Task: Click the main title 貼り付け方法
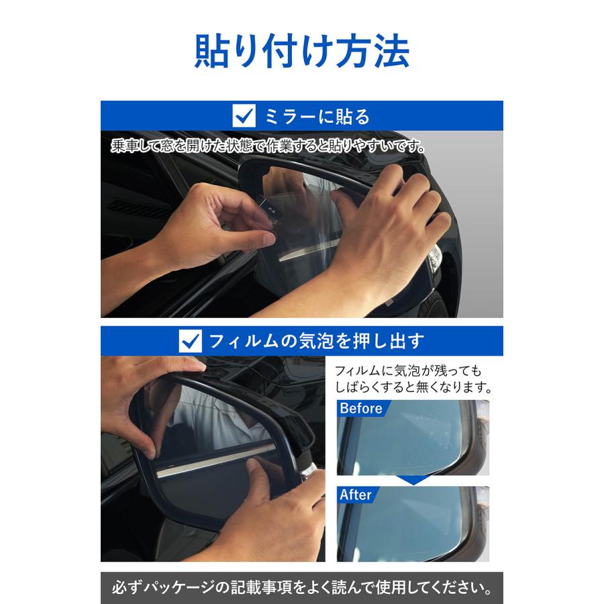click(301, 51)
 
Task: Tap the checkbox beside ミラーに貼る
click(244, 115)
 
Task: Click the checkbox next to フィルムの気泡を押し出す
click(191, 341)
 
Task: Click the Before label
click(361, 409)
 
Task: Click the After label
click(356, 495)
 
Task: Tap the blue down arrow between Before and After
click(413, 480)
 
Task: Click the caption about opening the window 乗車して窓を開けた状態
click(268, 146)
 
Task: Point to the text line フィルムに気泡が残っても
click(408, 370)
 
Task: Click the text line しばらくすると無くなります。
click(413, 388)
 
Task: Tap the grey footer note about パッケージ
click(301, 588)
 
